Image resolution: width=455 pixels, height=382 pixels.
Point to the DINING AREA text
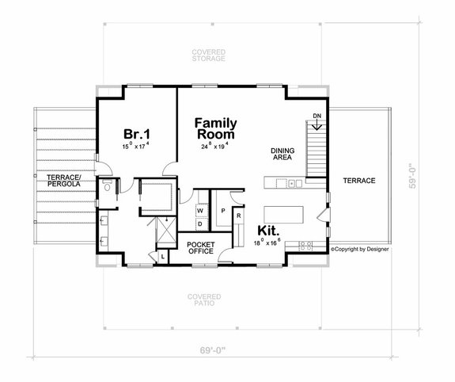pyautogui.click(x=282, y=153)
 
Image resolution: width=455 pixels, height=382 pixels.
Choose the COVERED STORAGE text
pyautogui.click(x=209, y=55)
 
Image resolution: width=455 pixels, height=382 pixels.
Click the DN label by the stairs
pyautogui.click(x=317, y=117)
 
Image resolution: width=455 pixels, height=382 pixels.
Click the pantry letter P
pyautogui.click(x=223, y=210)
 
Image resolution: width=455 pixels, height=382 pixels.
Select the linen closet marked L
pyautogui.click(x=163, y=256)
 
